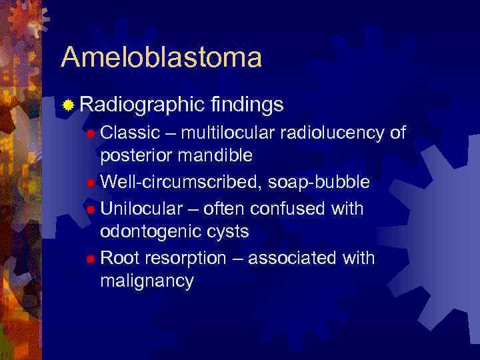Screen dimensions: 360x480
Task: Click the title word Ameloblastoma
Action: (161, 57)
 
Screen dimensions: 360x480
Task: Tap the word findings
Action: (247, 104)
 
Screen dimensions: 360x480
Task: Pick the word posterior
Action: (134, 156)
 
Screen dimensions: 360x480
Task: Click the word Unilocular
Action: (141, 209)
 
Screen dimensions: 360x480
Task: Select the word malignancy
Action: (147, 281)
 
